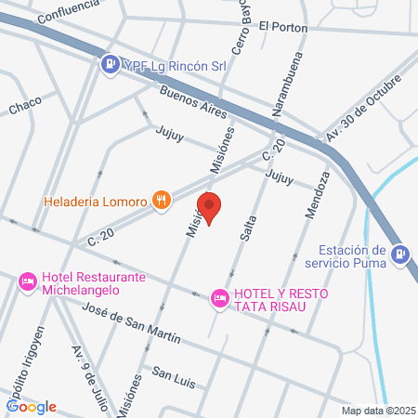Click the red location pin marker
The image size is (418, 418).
pos(210,208)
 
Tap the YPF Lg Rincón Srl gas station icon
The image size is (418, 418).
pos(110,63)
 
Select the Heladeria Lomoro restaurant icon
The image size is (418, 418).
pos(163,199)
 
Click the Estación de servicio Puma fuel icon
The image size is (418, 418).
pos(400,252)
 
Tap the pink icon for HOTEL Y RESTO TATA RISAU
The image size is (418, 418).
pos(219,296)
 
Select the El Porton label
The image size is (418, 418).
pos(283,26)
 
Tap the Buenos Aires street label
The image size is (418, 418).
pos(193,103)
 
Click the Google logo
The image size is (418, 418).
pos(32,406)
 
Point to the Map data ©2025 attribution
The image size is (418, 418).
pos(376,411)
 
